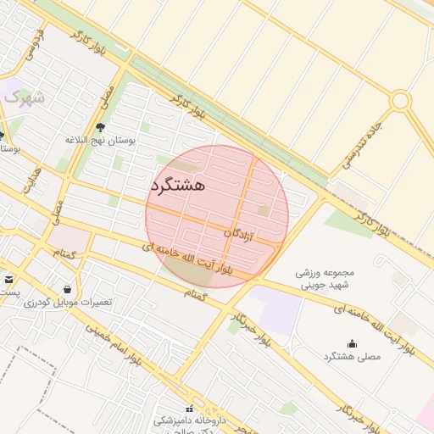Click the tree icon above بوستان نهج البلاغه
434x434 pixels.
pyautogui.click(x=101, y=128)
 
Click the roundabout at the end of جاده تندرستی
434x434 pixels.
pyautogui.click(x=400, y=101)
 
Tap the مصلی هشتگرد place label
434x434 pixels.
pyautogui.click(x=352, y=357)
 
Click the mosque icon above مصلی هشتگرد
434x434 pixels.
pyautogui.click(x=352, y=343)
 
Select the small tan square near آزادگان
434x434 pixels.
pyautogui.click(x=264, y=210)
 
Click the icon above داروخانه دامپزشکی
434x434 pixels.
pyautogui.click(x=188, y=408)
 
